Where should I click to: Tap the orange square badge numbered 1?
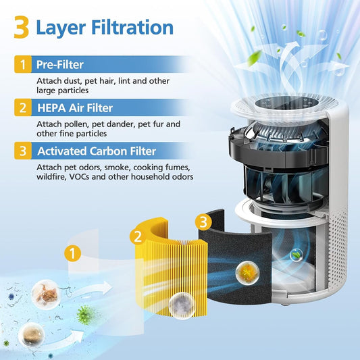22,66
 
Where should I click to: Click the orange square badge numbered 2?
22,107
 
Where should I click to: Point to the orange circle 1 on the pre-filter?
73,255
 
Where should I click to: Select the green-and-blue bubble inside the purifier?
294,255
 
